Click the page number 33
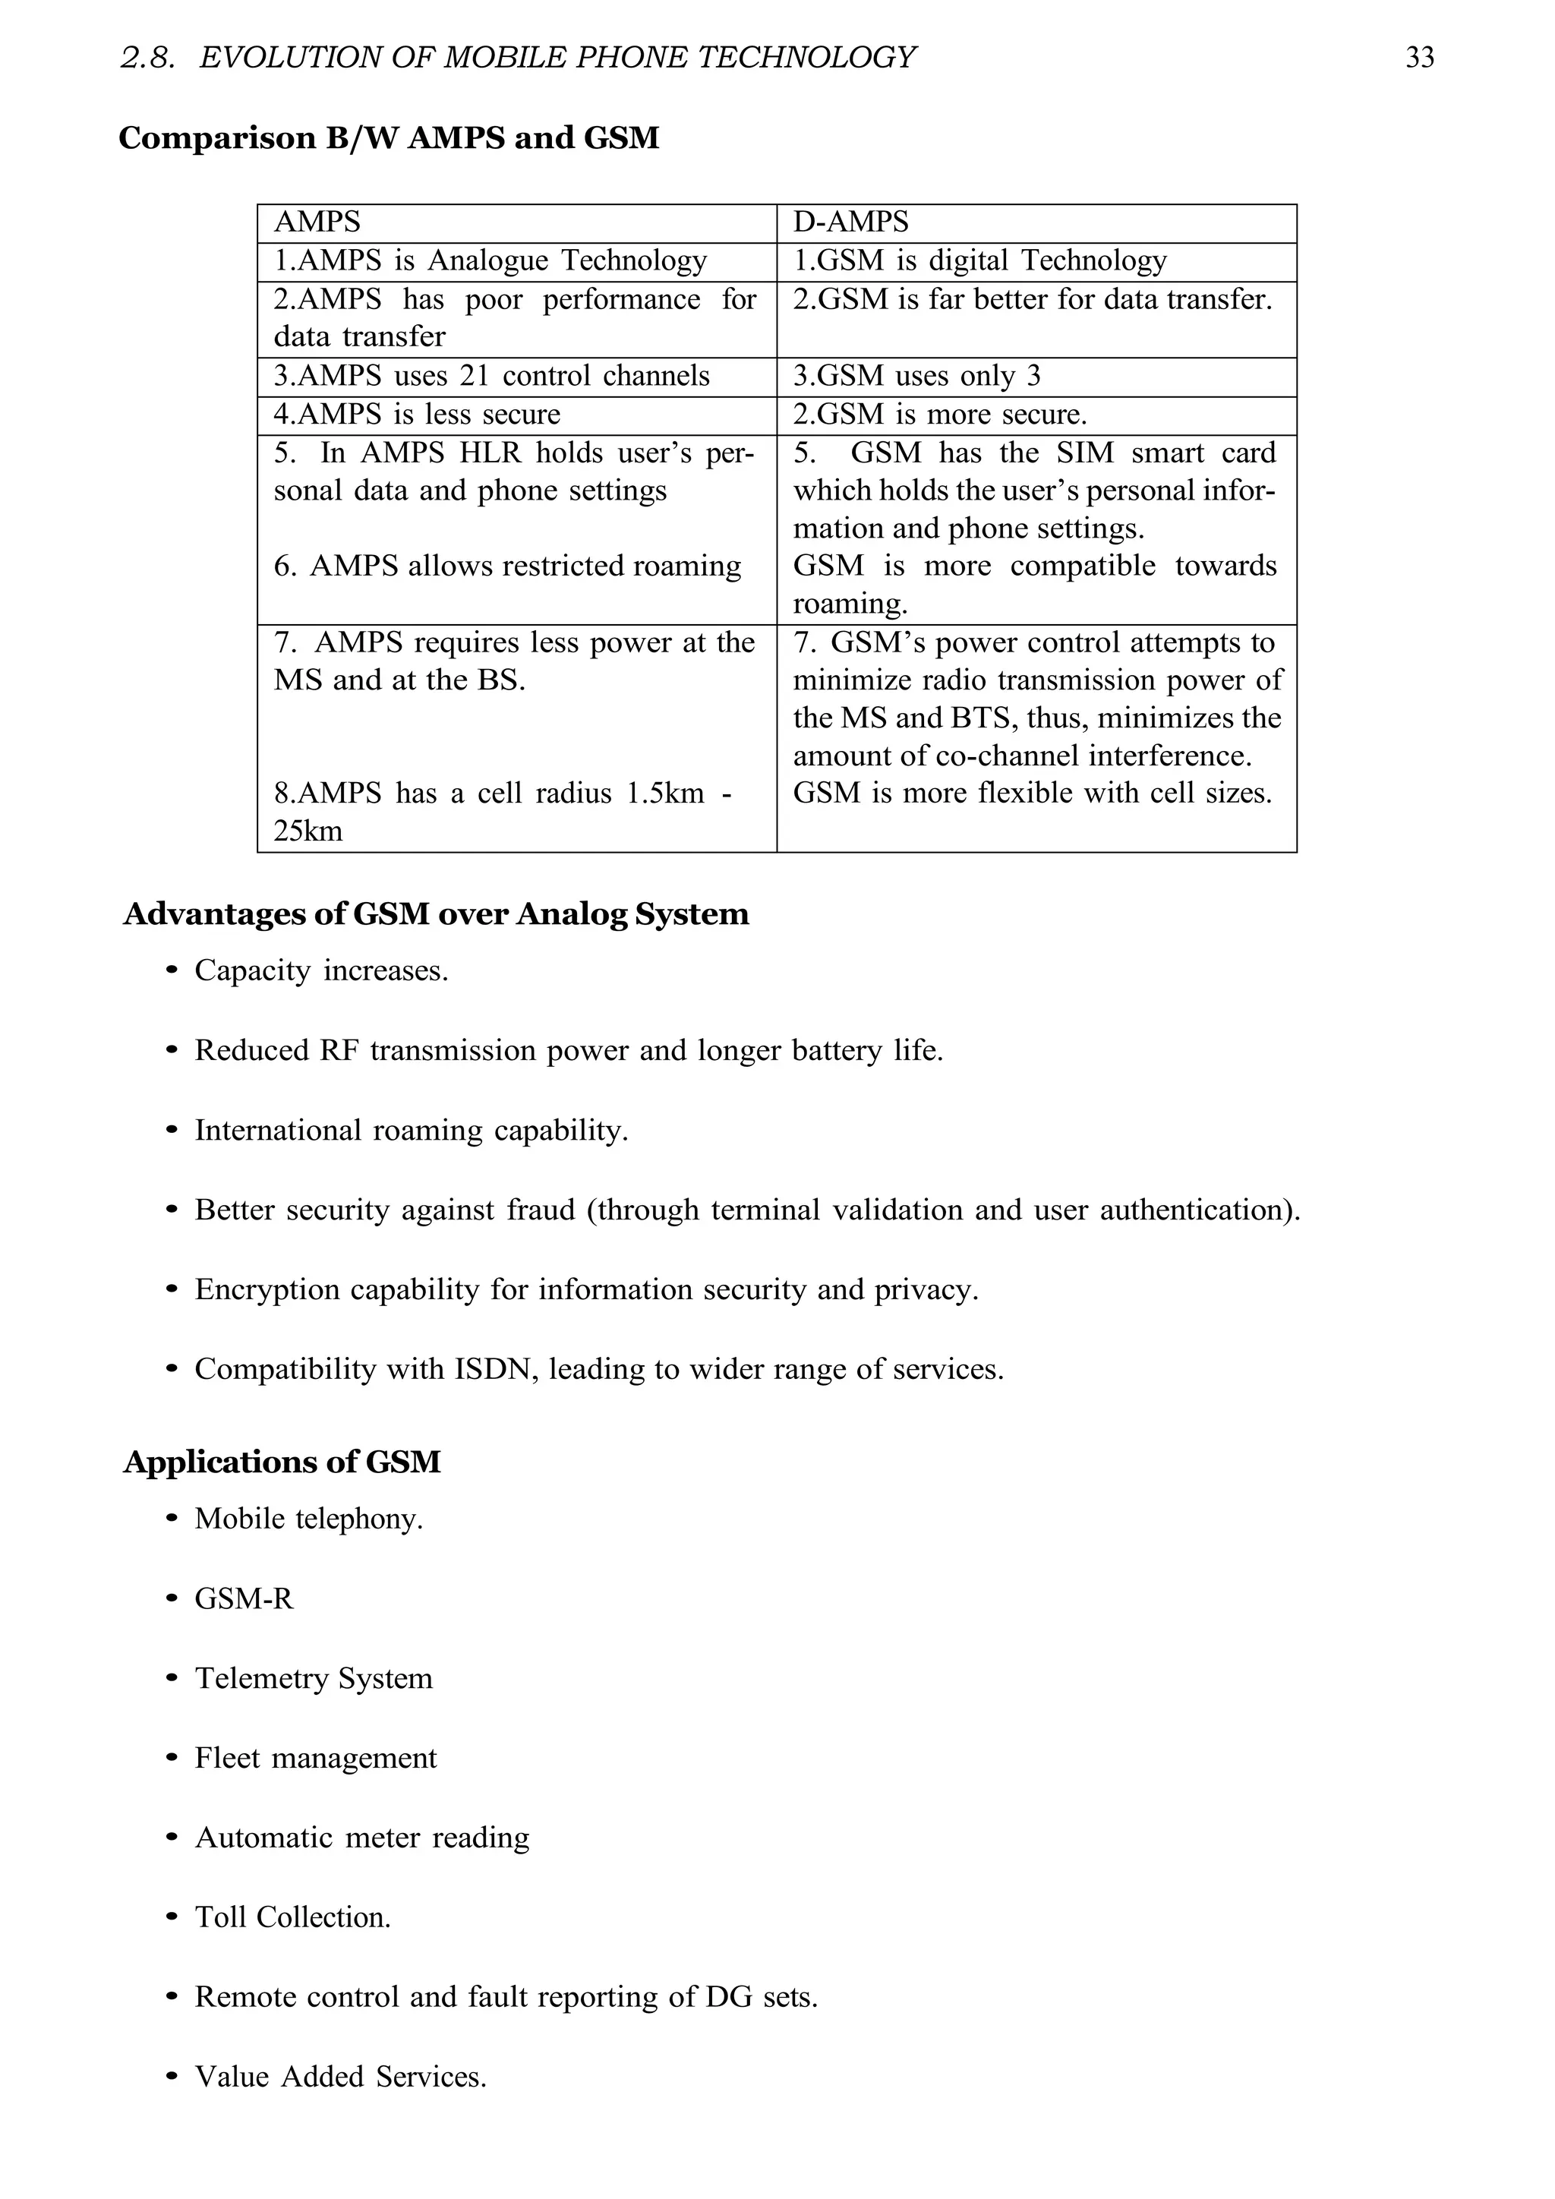point(1419,58)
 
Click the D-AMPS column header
point(850,222)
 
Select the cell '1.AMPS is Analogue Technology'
point(490,261)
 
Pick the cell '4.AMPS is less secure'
point(418,415)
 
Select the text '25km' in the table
point(308,831)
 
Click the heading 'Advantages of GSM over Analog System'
point(436,915)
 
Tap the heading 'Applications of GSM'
point(282,1462)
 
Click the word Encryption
point(267,1290)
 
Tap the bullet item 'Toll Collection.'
point(292,1917)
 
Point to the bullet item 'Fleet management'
point(315,1759)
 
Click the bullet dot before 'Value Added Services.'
point(172,2078)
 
